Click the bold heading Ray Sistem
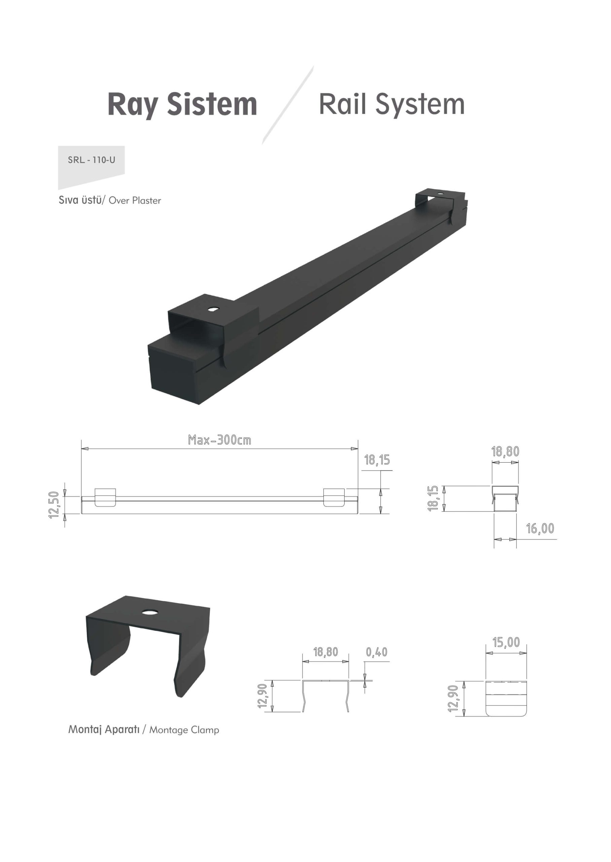click(x=182, y=104)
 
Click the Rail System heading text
click(x=392, y=104)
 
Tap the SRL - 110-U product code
click(x=92, y=160)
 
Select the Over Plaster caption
click(x=135, y=200)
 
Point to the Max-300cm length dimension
click(x=219, y=440)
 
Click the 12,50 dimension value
click(x=54, y=505)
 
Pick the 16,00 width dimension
click(x=540, y=529)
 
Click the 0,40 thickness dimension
click(x=376, y=652)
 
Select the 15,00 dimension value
click(x=506, y=642)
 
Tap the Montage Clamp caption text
click(x=184, y=730)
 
